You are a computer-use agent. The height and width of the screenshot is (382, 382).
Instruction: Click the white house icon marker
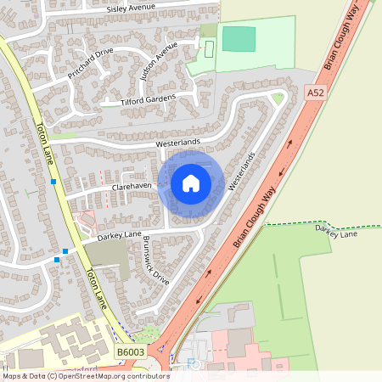(191, 183)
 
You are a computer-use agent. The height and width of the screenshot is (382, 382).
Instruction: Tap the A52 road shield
(316, 92)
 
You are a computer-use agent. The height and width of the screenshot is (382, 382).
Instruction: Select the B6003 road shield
(130, 351)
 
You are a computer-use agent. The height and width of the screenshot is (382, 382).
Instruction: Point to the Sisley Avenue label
(131, 8)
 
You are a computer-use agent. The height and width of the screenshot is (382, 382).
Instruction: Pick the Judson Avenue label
(159, 60)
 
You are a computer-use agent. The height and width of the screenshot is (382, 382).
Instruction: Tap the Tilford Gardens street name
(149, 99)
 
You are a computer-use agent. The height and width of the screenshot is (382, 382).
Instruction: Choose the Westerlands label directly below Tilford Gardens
(177, 143)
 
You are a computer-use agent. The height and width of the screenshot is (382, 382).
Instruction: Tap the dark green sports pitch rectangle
(239, 38)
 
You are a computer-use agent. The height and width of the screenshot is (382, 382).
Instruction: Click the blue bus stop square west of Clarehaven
(53, 182)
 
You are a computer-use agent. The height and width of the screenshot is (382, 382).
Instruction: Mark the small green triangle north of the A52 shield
(278, 98)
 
